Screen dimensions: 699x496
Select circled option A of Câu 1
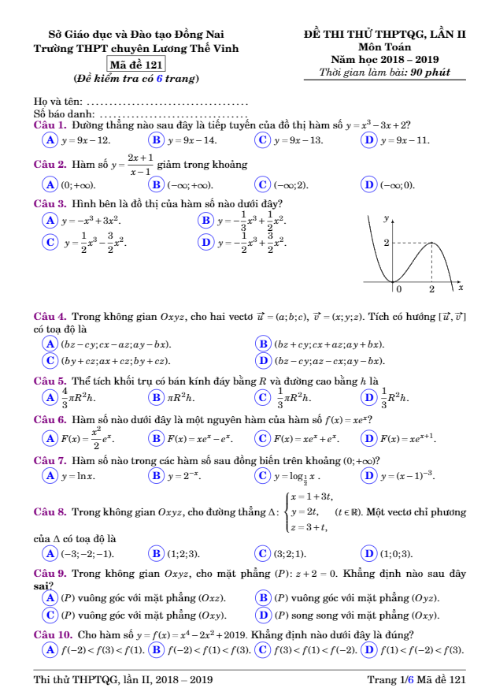pyautogui.click(x=50, y=140)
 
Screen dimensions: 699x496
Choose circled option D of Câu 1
pyautogui.click(x=368, y=140)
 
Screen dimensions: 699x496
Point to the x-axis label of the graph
pyautogui.click(x=461, y=288)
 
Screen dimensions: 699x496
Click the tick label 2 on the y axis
pyautogui.click(x=386, y=243)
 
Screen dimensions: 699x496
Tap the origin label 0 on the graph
pyautogui.click(x=399, y=289)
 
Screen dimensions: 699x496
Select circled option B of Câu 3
pyautogui.click(x=207, y=221)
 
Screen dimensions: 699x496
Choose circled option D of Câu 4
pyautogui.click(x=265, y=361)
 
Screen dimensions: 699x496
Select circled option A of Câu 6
pyautogui.click(x=50, y=438)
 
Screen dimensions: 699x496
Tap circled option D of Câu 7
pyautogui.click(x=368, y=476)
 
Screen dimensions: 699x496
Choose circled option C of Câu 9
pyautogui.click(x=50, y=615)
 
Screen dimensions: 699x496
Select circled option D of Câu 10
pyautogui.click(x=368, y=649)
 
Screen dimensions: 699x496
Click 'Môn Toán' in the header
pyautogui.click(x=385, y=46)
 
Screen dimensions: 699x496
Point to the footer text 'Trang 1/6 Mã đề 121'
pyautogui.click(x=416, y=679)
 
